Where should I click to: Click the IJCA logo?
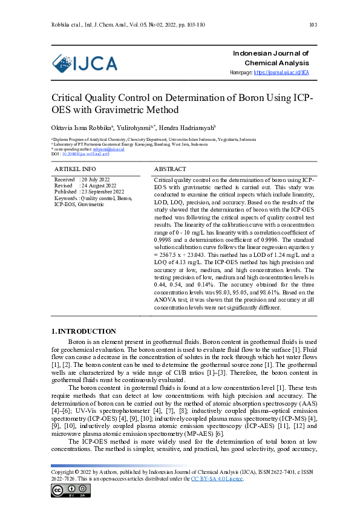[x=84, y=63]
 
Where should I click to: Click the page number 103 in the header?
[x=313, y=25]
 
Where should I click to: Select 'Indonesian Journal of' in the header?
[x=271, y=54]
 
